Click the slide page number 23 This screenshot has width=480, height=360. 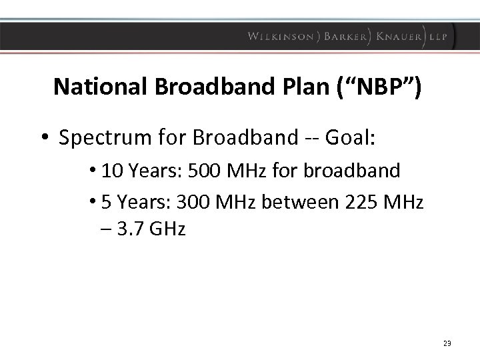[x=447, y=343]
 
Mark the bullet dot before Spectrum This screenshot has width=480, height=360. [x=44, y=138]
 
